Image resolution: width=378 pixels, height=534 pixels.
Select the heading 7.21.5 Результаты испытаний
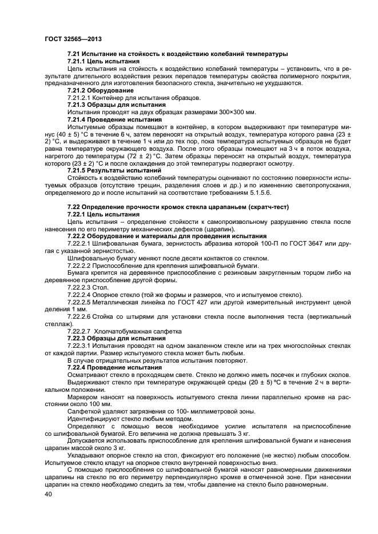(114, 171)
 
